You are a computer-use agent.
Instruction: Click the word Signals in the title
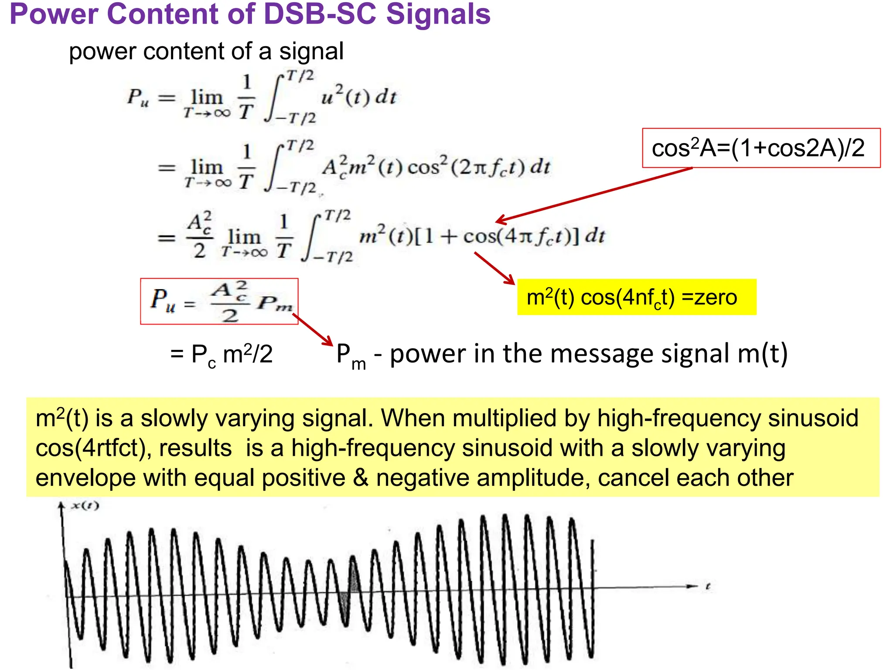(438, 14)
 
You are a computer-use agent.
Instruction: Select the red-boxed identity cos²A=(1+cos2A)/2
(761, 148)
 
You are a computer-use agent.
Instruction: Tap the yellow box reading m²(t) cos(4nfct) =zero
(636, 297)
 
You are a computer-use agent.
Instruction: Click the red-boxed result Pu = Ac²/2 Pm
(219, 301)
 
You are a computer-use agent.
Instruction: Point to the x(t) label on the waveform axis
(85, 506)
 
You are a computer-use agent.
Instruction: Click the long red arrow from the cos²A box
(593, 195)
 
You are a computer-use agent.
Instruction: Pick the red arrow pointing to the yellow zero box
(495, 268)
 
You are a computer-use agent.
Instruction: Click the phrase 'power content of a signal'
(206, 51)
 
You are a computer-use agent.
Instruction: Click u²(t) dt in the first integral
(358, 96)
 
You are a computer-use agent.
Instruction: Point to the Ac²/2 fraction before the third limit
(200, 236)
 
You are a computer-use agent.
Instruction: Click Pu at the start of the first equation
(138, 97)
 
